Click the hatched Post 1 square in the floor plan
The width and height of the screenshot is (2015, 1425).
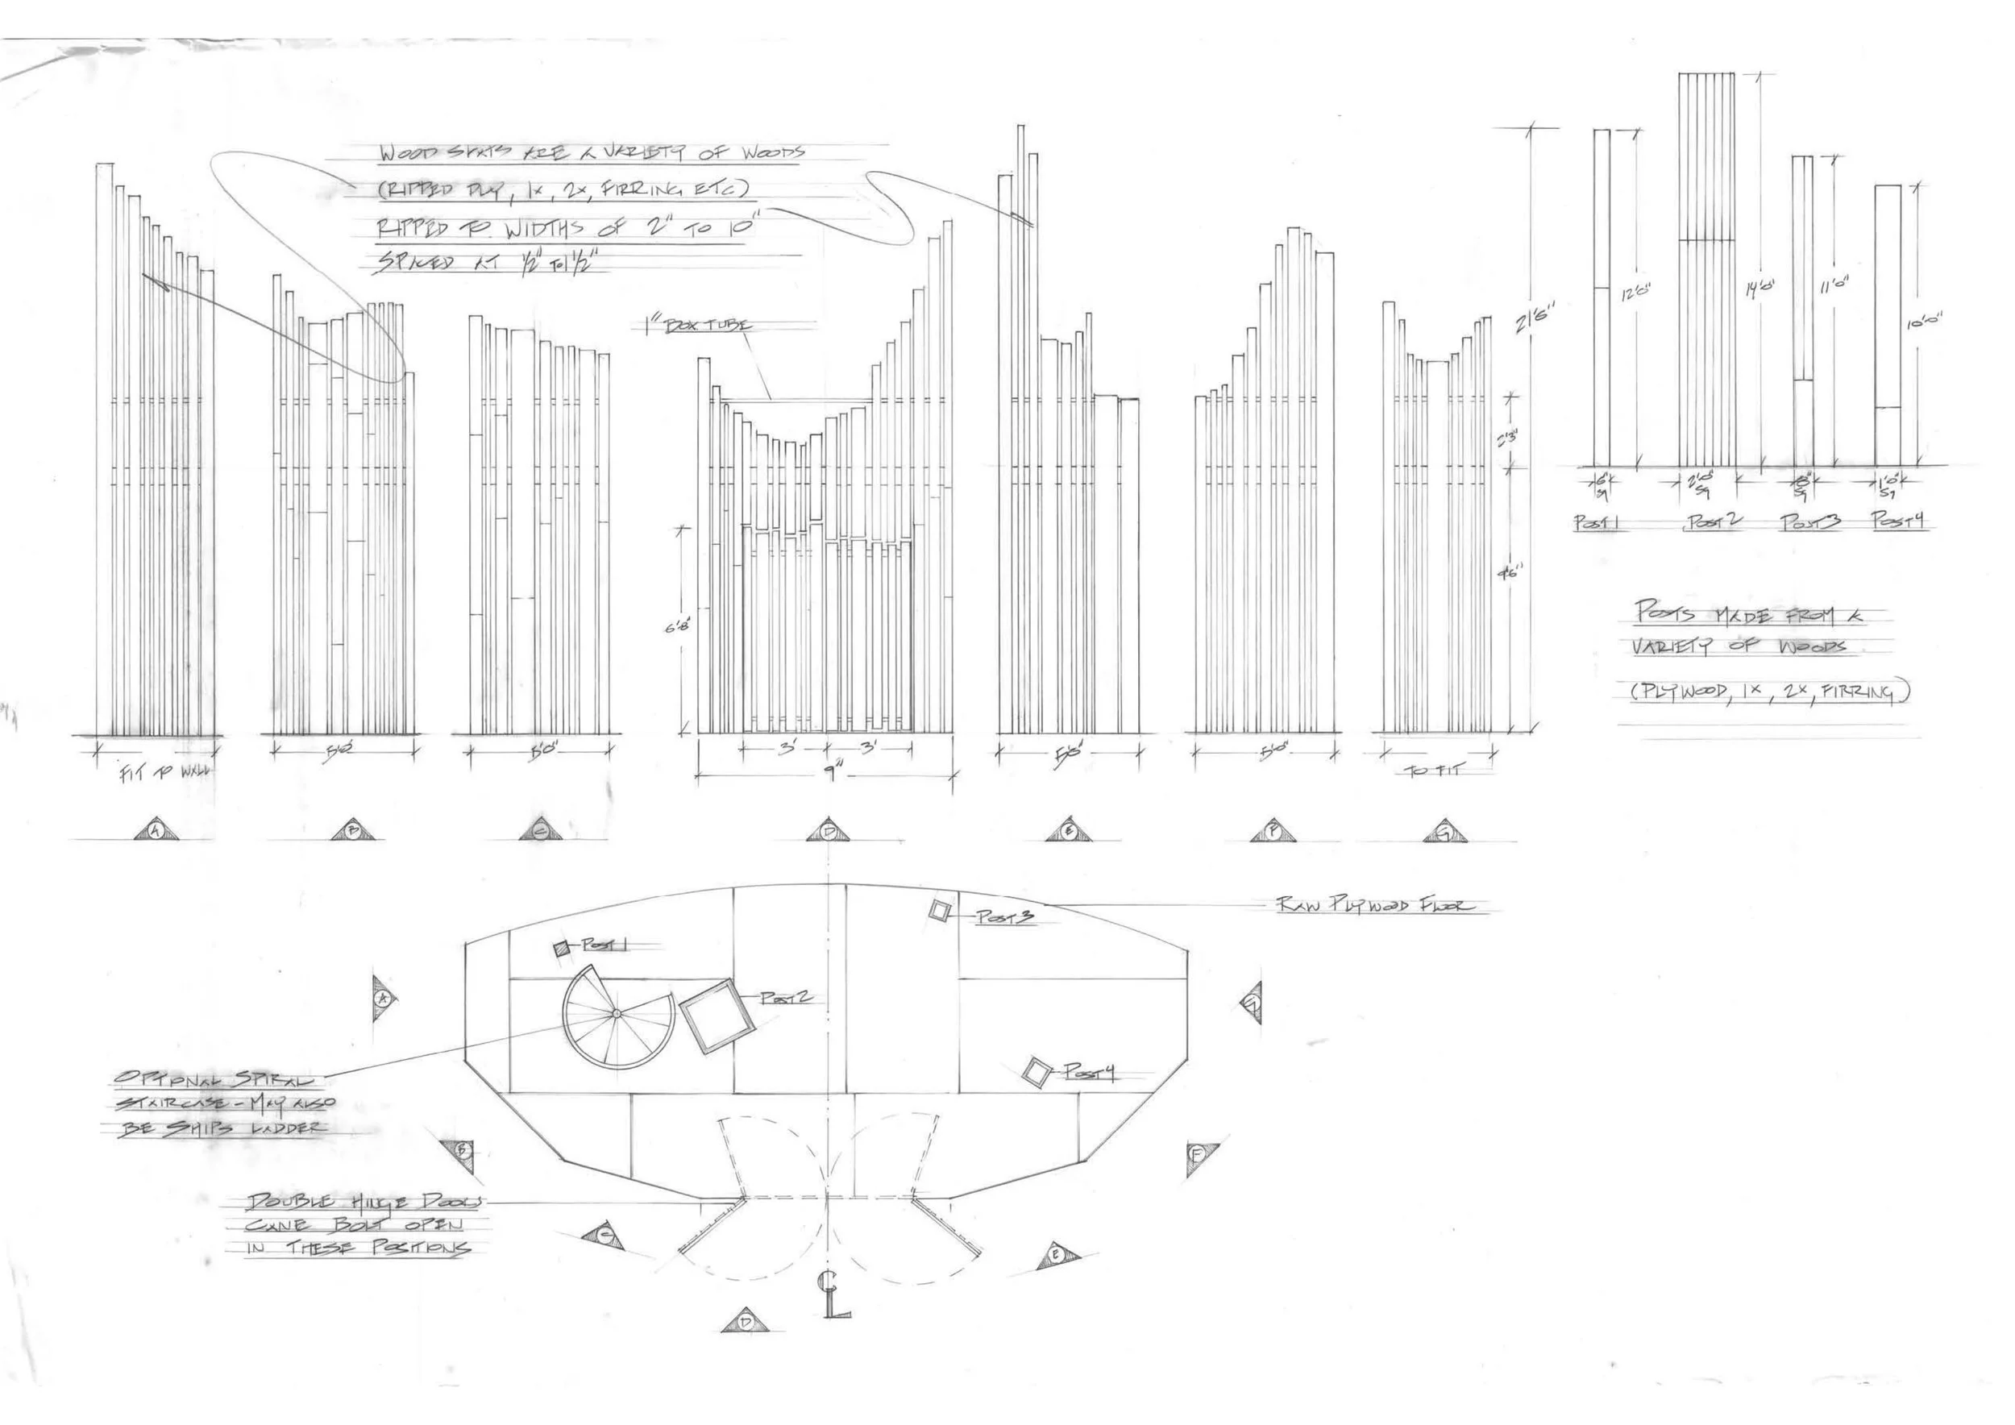563,948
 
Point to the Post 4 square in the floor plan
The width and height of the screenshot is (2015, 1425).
1037,1072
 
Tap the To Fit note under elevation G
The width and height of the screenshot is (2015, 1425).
1432,771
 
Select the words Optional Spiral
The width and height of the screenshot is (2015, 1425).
218,1078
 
